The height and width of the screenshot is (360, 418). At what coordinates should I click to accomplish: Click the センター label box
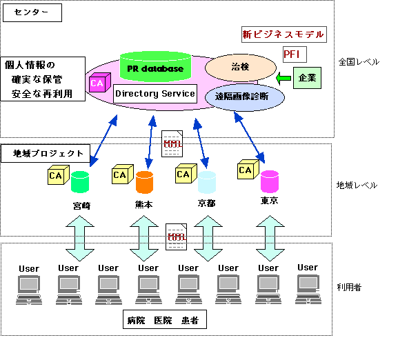pyautogui.click(x=32, y=12)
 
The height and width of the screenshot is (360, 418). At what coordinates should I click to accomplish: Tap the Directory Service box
pyautogui.click(x=155, y=94)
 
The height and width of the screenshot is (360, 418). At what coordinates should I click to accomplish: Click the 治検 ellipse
pyautogui.click(x=240, y=68)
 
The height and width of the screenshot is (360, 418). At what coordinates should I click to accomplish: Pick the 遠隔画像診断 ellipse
pyautogui.click(x=245, y=97)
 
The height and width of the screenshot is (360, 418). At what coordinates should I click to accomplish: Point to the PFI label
pyautogui.click(x=294, y=54)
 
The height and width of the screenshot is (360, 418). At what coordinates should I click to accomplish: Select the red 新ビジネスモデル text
pyautogui.click(x=283, y=34)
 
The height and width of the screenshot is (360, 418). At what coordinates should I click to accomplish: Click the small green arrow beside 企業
pyautogui.click(x=283, y=78)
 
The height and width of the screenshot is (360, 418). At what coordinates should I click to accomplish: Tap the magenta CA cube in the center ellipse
pyautogui.click(x=97, y=83)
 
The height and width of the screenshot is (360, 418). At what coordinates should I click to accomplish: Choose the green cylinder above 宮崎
pyautogui.click(x=80, y=182)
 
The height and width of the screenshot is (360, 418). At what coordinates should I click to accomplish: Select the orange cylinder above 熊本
pyautogui.click(x=144, y=182)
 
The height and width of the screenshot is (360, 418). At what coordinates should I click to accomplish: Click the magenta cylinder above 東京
pyautogui.click(x=269, y=181)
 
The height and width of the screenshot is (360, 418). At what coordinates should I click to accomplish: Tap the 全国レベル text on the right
pyautogui.click(x=358, y=62)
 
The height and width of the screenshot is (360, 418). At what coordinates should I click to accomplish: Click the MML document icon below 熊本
pyautogui.click(x=177, y=237)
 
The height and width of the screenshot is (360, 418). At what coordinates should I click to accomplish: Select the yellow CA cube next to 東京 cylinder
pyautogui.click(x=246, y=170)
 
